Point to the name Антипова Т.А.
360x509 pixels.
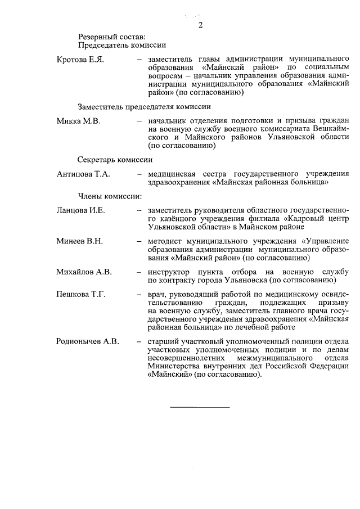tap(83, 174)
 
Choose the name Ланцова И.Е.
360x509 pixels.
tap(81, 210)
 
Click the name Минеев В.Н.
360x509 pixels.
tap(79, 241)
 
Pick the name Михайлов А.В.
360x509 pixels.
tap(84, 272)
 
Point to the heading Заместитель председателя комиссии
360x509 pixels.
tap(145, 106)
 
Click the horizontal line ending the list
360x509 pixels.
tap(200, 407)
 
